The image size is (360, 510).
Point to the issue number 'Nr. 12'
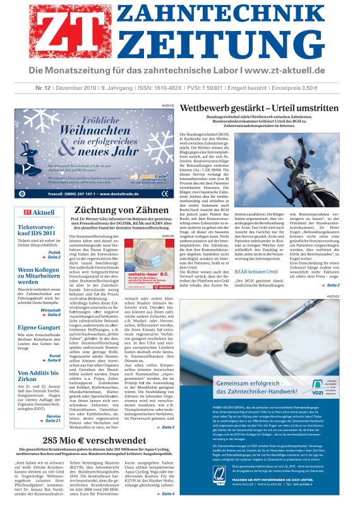coord(25,88)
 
